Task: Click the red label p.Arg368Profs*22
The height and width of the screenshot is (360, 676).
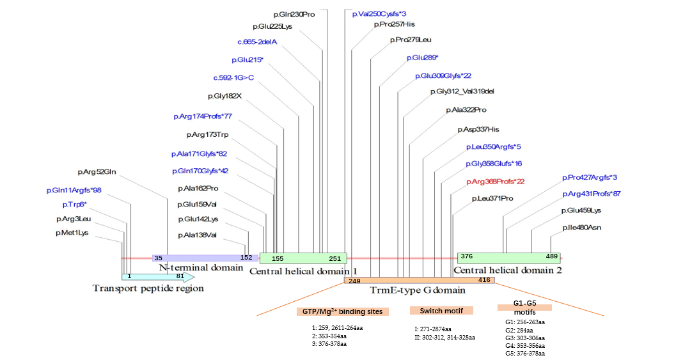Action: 495,182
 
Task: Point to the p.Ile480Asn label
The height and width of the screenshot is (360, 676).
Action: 582,228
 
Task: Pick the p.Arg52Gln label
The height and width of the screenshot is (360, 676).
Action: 97,171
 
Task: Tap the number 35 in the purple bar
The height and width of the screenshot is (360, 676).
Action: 158,258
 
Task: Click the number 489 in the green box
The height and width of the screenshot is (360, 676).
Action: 552,256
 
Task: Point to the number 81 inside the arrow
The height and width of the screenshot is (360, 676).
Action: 180,277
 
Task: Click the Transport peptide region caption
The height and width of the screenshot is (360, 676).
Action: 148,288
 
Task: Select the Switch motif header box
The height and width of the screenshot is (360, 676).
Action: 441,310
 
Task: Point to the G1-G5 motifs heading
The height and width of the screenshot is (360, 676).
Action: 524,308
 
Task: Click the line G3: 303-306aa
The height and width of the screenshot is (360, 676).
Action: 524,338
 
